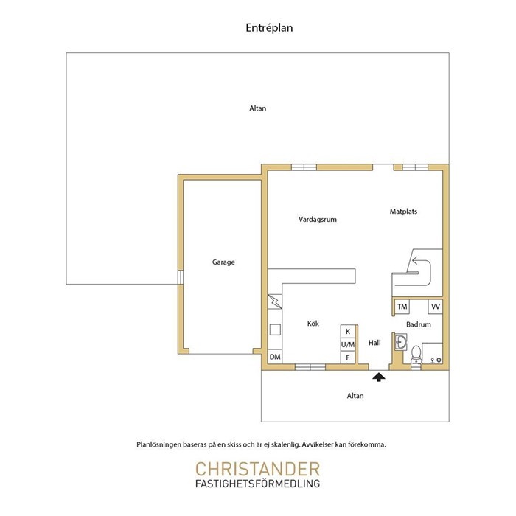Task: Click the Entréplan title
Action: (269, 28)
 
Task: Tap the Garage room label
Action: (223, 262)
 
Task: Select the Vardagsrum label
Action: (318, 220)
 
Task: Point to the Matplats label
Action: (403, 212)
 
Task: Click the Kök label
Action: (313, 324)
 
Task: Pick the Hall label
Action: (374, 343)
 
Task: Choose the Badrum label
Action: (418, 324)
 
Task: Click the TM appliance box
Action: (402, 307)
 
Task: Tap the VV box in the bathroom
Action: (436, 307)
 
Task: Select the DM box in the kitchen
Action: (275, 357)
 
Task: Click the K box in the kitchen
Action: (348, 332)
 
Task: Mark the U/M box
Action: (348, 344)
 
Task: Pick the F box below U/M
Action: (348, 358)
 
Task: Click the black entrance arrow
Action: (379, 377)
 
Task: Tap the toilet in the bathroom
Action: (416, 355)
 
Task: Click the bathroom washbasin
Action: (401, 342)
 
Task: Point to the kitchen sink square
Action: (275, 330)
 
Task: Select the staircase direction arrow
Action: (422, 267)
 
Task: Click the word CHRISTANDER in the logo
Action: (258, 470)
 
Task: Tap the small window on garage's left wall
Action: (181, 277)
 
